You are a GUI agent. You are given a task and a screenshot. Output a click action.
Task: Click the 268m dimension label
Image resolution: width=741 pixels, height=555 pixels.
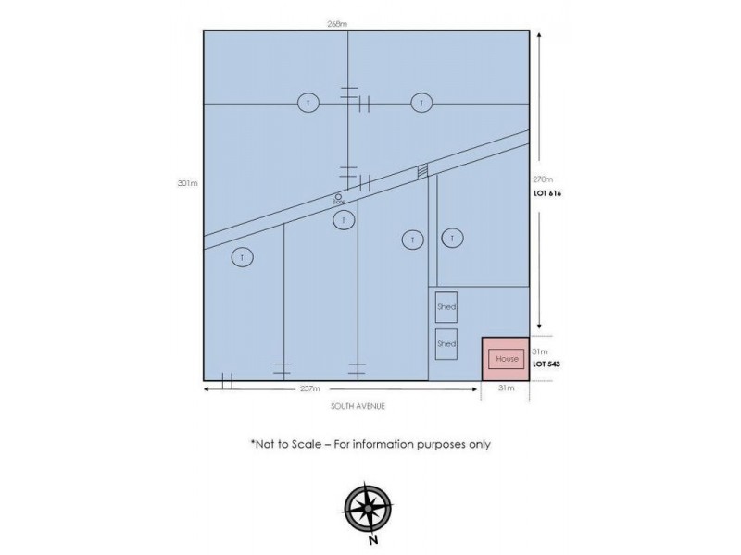(336, 23)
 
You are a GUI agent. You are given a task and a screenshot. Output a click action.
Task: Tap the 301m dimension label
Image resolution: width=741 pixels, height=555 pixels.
(191, 183)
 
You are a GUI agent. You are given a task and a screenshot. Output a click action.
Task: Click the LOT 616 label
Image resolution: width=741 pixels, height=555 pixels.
(548, 193)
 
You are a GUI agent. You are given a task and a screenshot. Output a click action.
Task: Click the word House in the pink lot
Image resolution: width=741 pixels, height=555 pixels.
(506, 358)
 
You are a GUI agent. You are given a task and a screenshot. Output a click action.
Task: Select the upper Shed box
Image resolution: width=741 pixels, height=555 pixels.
(446, 307)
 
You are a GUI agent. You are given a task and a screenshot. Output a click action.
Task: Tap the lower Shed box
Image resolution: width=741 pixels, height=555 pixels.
(446, 344)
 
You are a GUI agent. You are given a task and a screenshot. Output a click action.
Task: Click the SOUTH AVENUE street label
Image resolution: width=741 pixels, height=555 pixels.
(358, 406)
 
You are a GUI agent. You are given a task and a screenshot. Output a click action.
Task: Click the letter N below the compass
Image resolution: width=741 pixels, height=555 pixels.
(371, 540)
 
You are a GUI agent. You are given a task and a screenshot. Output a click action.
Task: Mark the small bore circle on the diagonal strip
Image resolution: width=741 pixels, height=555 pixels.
(339, 196)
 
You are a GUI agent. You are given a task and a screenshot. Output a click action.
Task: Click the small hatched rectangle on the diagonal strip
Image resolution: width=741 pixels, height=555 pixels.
(422, 171)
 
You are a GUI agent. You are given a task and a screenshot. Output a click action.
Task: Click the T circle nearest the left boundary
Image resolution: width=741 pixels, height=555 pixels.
(242, 257)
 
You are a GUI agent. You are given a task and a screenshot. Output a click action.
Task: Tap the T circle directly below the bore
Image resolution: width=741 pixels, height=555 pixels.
(344, 220)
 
